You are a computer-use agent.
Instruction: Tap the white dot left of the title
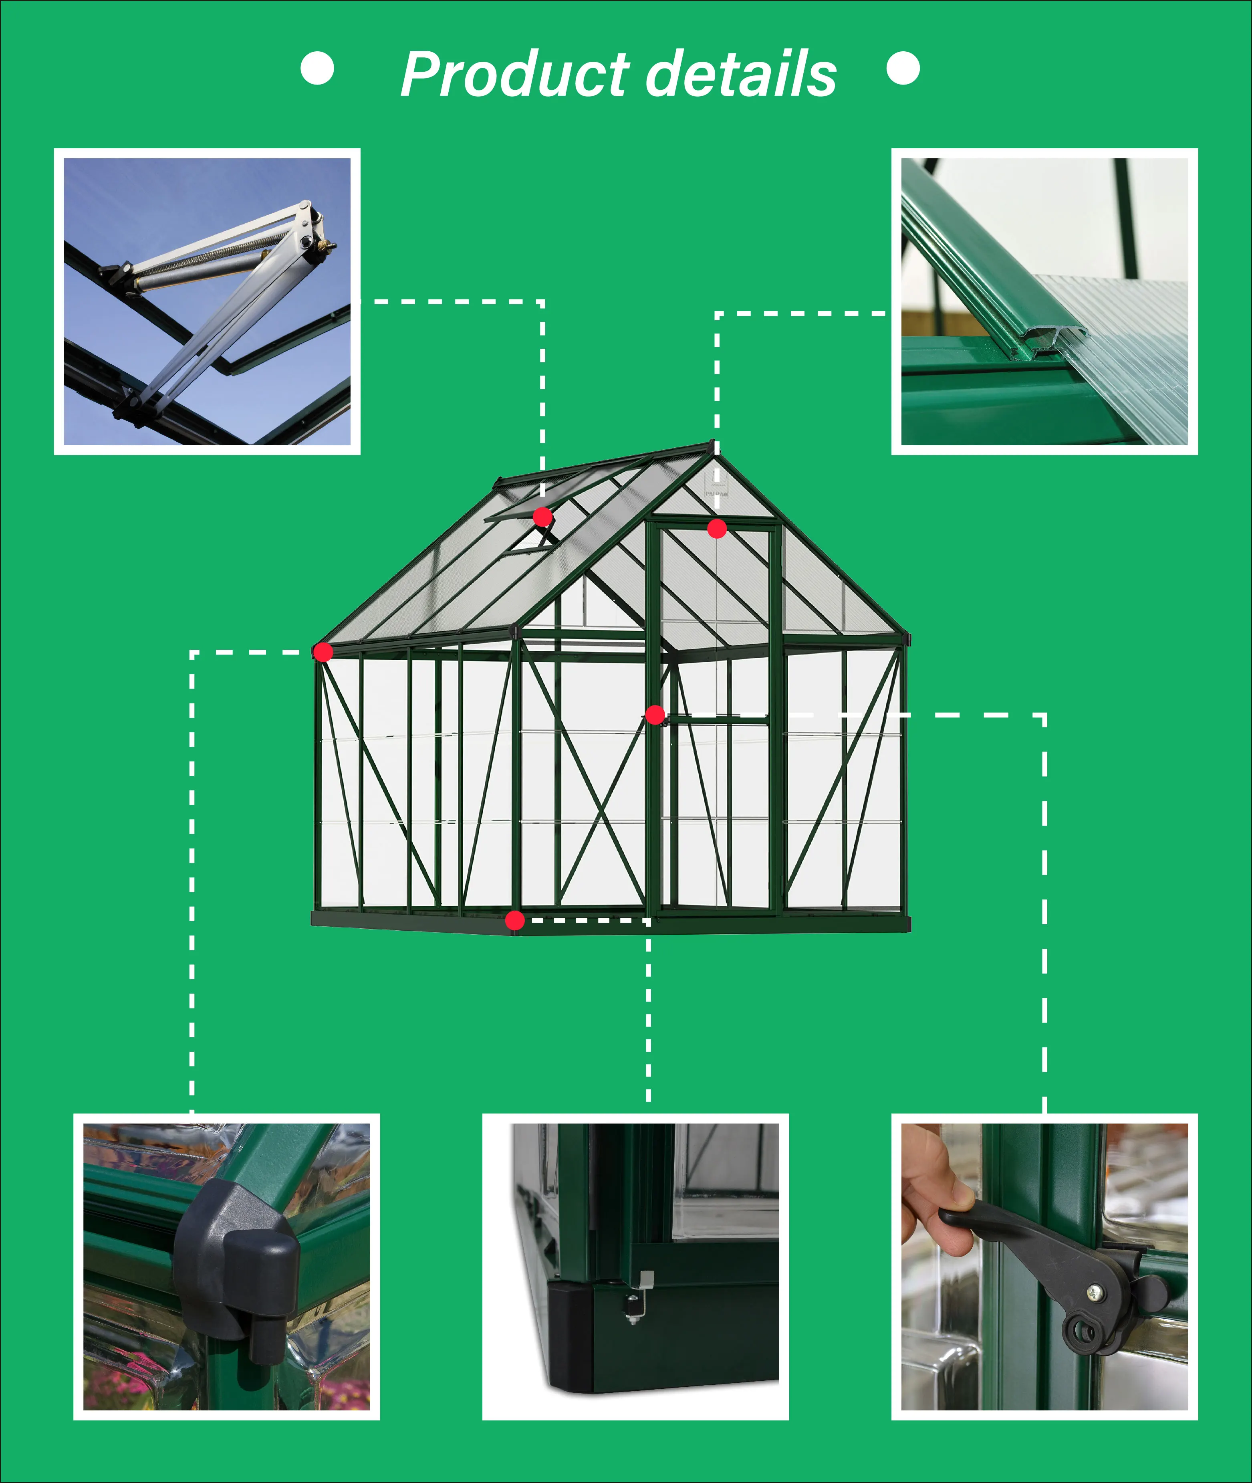coord(317,68)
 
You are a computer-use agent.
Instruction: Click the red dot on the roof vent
coord(543,517)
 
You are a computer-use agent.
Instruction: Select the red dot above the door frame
coord(717,528)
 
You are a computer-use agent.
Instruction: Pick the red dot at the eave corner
coord(323,652)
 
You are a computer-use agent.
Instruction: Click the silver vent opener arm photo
coord(207,302)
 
